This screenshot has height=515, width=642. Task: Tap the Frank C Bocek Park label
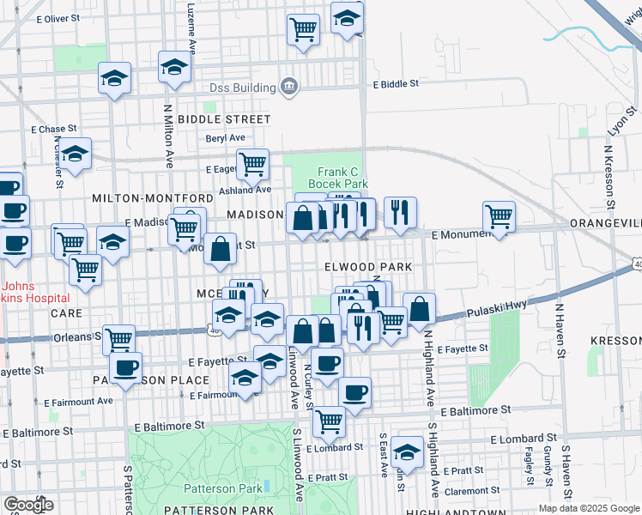pos(342,178)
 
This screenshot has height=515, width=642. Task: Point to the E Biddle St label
pos(396,84)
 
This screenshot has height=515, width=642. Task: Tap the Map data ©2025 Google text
pos(588,508)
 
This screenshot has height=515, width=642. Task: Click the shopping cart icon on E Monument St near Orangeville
pos(499,216)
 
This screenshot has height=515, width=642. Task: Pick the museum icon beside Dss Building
pos(289,86)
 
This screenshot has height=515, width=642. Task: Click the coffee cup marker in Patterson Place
pos(126,368)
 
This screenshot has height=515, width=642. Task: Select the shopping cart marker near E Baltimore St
pos(329,421)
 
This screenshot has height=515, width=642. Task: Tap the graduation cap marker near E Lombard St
pos(407,451)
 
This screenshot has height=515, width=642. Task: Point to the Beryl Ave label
pos(225,137)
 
